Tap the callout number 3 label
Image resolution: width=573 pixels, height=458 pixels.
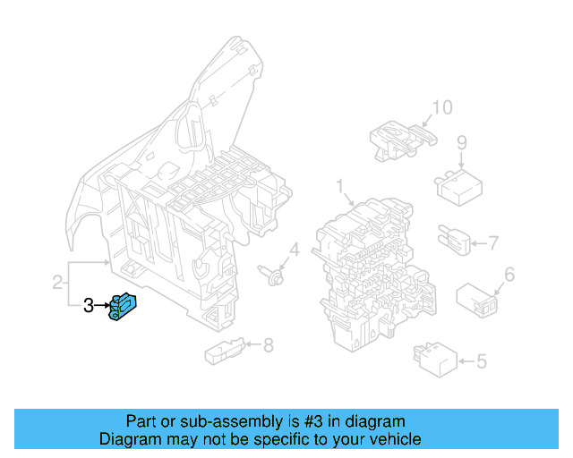click(x=88, y=306)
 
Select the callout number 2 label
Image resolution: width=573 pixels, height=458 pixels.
click(x=57, y=284)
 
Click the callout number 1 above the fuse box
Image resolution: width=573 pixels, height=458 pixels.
click(x=340, y=186)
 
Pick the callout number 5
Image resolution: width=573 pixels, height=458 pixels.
click(x=481, y=362)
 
